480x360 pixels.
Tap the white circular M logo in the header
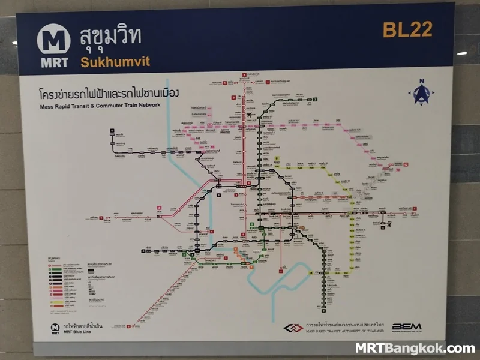pos(54,40)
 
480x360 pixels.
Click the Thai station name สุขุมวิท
pos(110,37)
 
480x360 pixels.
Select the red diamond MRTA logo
pos(294,328)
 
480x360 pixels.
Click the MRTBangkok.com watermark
pos(415,348)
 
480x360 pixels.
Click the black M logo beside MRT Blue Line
pos(55,328)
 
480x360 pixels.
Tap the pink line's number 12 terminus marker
pos(406,164)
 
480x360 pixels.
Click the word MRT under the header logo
pos(54,62)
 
